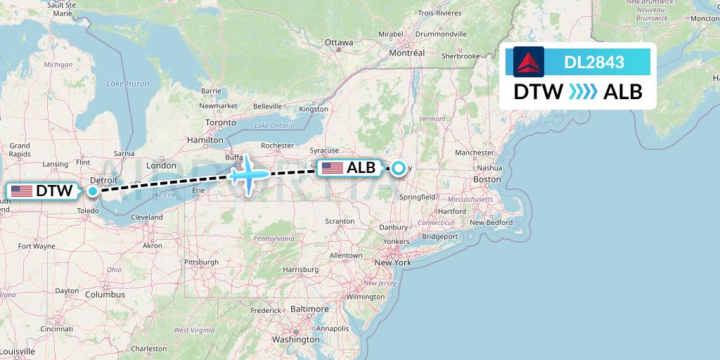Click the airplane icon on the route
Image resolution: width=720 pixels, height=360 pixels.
click(x=248, y=173)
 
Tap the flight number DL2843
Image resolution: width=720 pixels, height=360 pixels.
click(x=594, y=62)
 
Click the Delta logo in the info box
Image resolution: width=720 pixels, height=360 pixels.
click(x=528, y=62)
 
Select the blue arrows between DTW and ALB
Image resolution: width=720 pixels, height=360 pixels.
click(x=583, y=92)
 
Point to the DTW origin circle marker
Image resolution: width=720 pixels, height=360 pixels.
click(x=93, y=191)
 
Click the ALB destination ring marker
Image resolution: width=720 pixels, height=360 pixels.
click(x=399, y=168)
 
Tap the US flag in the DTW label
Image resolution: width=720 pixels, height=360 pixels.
click(x=22, y=191)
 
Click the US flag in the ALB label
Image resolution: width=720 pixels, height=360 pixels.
click(x=332, y=168)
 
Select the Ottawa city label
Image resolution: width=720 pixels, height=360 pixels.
click(x=339, y=43)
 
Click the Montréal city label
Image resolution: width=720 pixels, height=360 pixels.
click(x=407, y=53)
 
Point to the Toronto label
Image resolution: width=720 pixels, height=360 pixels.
click(x=221, y=122)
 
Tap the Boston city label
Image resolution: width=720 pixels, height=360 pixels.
click(x=487, y=180)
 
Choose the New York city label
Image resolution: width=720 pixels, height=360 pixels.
click(x=392, y=262)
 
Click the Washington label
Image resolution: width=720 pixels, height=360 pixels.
click(x=296, y=340)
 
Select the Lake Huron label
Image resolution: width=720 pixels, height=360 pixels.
click(x=127, y=84)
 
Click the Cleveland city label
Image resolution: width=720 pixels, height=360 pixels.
click(x=146, y=218)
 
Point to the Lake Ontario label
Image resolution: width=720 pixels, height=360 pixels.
click(x=274, y=125)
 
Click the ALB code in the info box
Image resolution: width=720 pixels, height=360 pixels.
click(x=623, y=92)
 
